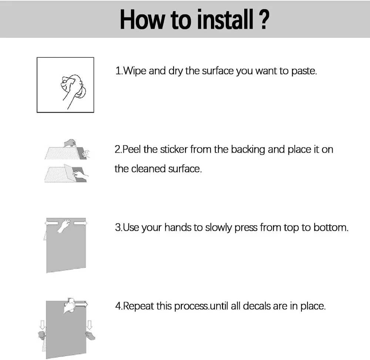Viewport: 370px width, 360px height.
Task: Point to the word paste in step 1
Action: (x=304, y=71)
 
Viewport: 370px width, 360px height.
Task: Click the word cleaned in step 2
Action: (x=148, y=169)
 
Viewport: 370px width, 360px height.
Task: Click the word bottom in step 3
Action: (x=331, y=228)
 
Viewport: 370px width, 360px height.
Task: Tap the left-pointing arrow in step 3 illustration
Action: (x=51, y=223)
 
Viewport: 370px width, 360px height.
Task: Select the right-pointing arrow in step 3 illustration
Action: (x=80, y=223)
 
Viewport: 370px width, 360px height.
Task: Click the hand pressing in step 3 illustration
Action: (x=64, y=225)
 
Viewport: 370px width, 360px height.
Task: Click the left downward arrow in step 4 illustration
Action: (x=43, y=325)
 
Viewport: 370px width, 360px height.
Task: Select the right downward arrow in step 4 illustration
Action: (x=90, y=325)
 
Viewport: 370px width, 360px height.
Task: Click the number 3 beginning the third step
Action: (x=118, y=228)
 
